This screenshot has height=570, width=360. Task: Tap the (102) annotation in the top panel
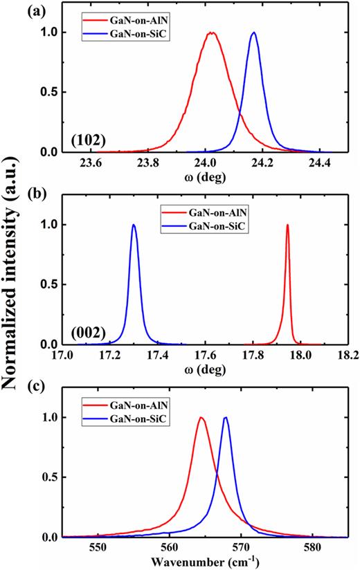pyautogui.click(x=88, y=141)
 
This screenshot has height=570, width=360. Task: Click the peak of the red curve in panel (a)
pyautogui.click(x=212, y=33)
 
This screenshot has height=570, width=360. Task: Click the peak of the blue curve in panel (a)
pyautogui.click(x=254, y=33)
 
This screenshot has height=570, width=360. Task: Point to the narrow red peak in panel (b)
pyautogui.click(x=287, y=225)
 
